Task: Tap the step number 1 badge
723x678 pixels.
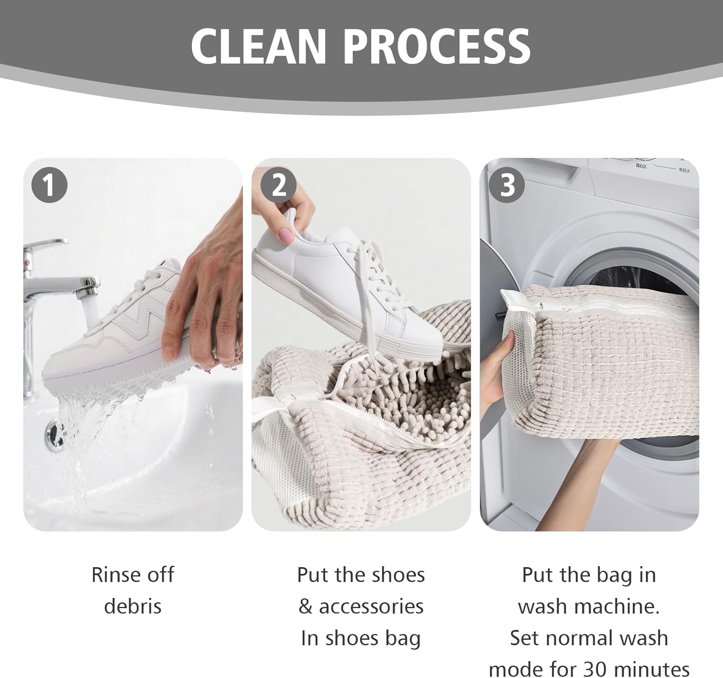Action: point(49,185)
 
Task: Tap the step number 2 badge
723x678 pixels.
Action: point(278,185)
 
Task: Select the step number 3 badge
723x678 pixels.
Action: point(507,185)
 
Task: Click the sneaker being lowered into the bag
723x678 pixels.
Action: point(328,279)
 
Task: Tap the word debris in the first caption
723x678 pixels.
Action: point(133,606)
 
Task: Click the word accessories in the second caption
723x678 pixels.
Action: point(371,606)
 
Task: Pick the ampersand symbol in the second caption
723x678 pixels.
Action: point(306,606)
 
